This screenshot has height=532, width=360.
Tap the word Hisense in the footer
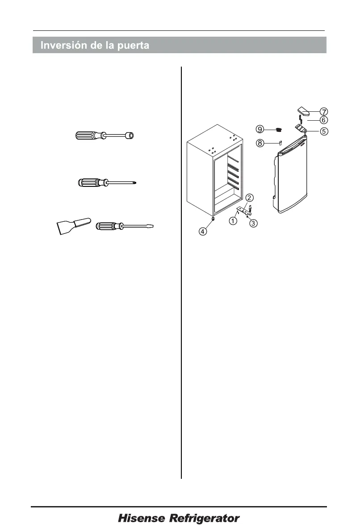[142, 519]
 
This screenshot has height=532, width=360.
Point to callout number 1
[234, 221]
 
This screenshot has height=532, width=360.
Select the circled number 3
[253, 224]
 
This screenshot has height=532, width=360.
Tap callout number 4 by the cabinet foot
[203, 231]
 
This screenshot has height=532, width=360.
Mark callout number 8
[260, 143]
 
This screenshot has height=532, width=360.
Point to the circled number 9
[260, 129]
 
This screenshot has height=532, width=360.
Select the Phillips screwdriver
[107, 182]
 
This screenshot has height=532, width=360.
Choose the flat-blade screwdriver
[127, 226]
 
